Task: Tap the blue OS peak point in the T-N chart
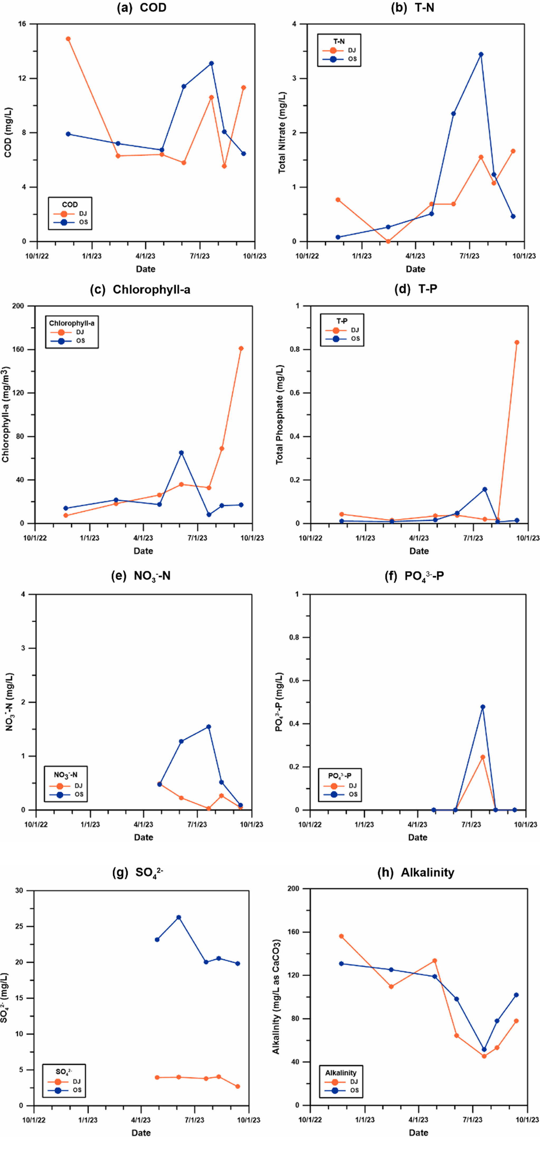tap(481, 54)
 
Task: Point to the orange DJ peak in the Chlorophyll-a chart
tap(241, 348)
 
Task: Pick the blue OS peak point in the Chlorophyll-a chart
tap(181, 453)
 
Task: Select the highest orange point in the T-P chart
tap(517, 342)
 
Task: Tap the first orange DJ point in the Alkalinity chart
tap(341, 936)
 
